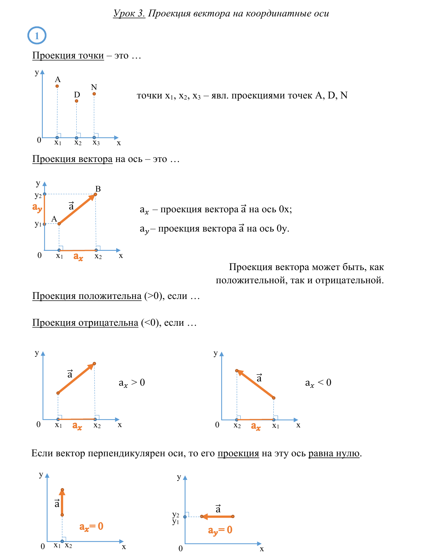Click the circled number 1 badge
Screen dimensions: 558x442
tap(37, 36)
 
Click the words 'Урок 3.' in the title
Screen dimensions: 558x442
tap(129, 14)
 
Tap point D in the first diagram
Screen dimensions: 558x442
tap(76, 101)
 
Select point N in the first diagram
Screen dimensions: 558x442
tap(94, 94)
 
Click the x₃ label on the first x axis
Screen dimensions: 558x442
tap(96, 143)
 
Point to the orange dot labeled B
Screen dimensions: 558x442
tap(96, 194)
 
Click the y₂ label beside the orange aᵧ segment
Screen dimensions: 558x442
tap(38, 195)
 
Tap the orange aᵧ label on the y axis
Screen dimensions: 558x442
tap(37, 207)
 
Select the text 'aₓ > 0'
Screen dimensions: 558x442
tap(132, 383)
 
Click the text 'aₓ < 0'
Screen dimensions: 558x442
tap(318, 383)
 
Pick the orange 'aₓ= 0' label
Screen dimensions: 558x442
tap(91, 527)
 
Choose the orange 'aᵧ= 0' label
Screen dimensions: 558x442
tap(220, 530)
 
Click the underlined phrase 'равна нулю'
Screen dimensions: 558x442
tap(334, 453)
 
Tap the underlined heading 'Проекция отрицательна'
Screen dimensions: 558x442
tap(85, 323)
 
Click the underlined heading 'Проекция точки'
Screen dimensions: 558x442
tap(68, 56)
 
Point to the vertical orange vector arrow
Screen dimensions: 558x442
tap(62, 502)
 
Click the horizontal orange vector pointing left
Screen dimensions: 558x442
tap(217, 516)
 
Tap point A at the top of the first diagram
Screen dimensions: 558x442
tap(57, 86)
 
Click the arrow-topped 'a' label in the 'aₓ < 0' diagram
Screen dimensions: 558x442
tap(259, 378)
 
